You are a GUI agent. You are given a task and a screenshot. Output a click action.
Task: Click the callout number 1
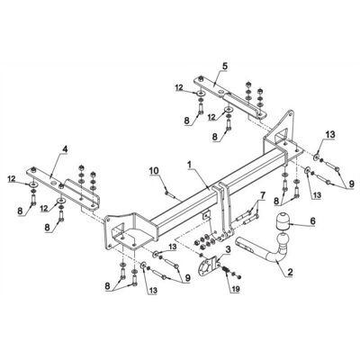coord(189,165)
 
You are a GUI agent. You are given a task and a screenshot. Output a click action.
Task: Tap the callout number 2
coord(290,273)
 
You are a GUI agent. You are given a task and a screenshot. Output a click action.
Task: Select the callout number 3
coord(229,248)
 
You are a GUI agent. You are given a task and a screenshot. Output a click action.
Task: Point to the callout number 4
coord(66,149)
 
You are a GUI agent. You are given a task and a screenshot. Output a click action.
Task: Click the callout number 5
coord(225,66)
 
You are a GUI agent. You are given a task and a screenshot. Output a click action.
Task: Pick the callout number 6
coord(312,221)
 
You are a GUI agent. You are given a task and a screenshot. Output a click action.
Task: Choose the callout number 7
coord(263,195)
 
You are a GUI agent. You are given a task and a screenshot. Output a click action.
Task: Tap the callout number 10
coord(154,170)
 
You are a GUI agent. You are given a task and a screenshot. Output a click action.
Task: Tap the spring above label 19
coord(226,270)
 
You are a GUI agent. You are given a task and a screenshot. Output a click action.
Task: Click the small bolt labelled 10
coord(169,192)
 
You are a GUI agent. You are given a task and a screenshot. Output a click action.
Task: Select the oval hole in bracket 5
coord(221,92)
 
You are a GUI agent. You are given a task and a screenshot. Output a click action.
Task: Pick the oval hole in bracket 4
coord(54,183)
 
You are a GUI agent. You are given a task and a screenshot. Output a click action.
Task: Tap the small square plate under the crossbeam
coord(206,215)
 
